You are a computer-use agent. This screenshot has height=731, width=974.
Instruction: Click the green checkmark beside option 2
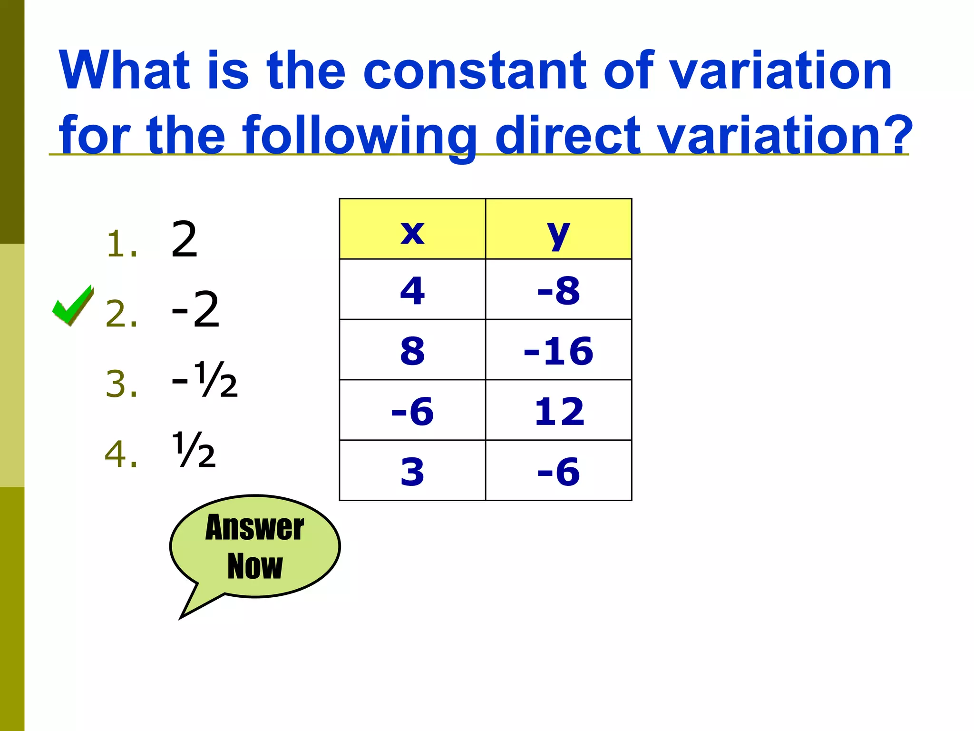72,305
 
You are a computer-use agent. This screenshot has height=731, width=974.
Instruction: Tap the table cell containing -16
558,350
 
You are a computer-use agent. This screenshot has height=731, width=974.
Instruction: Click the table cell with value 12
558,411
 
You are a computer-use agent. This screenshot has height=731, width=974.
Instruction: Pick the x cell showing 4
412,290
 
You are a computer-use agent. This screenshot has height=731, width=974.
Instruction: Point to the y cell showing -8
558,290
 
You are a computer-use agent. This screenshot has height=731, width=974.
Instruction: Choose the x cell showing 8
412,350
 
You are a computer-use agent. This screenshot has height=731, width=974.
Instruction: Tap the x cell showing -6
412,411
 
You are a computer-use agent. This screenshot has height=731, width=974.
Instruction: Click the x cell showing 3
412,471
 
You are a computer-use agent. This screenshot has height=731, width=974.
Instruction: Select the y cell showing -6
558,471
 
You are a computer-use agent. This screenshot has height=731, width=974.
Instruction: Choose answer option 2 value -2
195,310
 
